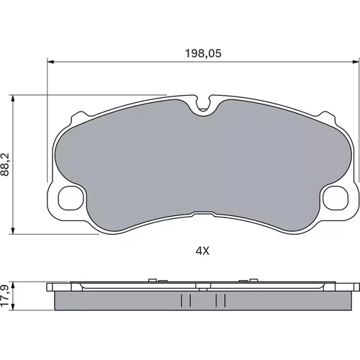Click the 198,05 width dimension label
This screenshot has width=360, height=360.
point(203,53)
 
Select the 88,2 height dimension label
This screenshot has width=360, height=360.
point(5,164)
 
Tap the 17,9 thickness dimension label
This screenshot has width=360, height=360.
point(5,295)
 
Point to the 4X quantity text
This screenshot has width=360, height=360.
point(202,251)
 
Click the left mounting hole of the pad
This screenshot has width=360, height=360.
point(71,199)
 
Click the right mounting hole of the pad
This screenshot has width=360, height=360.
point(336,199)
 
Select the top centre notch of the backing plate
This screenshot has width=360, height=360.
point(203,104)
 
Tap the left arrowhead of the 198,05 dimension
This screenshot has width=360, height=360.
point(50,62)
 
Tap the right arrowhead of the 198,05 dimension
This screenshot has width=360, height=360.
point(356,62)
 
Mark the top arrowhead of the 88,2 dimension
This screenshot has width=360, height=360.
point(13,98)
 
